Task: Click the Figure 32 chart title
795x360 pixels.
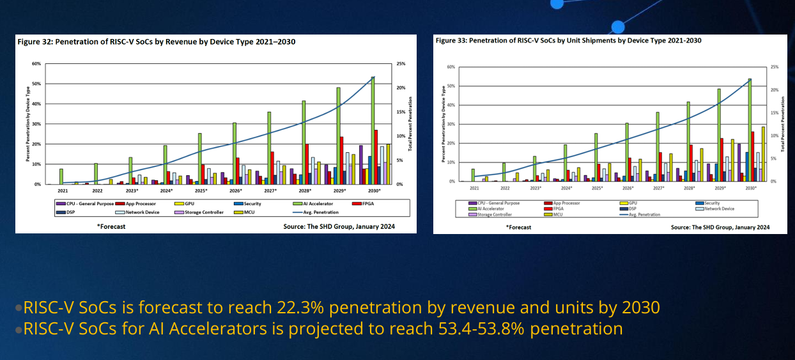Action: [x=156, y=42]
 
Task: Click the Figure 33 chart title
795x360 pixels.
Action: [x=568, y=40]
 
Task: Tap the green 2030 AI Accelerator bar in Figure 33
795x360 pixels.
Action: [x=749, y=130]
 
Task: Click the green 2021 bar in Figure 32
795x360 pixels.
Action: [x=61, y=176]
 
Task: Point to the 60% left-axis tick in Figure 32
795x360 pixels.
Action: [x=36, y=64]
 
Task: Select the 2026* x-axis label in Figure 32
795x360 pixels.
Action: [x=236, y=191]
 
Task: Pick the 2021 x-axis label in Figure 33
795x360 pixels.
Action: [x=474, y=188]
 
